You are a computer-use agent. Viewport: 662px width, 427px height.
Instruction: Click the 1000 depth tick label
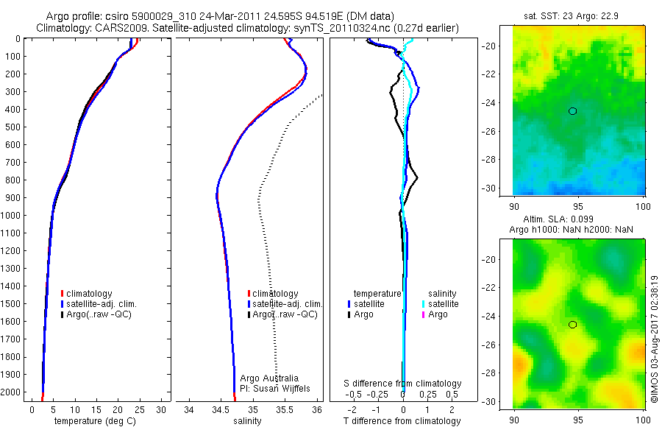pos(10,215)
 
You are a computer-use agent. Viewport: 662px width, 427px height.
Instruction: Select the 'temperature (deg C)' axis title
pos(95,420)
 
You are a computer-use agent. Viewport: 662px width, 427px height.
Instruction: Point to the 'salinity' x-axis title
pos(247,420)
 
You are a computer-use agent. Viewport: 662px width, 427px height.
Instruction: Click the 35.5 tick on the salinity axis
pos(285,409)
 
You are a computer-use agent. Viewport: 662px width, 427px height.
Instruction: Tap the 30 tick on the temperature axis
pos(161,409)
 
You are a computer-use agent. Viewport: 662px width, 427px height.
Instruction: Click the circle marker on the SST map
pos(572,111)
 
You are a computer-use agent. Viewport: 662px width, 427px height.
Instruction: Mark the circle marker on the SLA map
pos(572,325)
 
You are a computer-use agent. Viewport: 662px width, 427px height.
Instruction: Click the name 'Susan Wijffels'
pos(282,389)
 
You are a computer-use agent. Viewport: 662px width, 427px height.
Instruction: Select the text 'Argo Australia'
pos(269,378)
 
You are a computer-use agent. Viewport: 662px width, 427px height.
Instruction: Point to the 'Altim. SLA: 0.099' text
pos(558,219)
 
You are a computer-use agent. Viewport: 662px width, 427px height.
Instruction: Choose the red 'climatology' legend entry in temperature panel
pos(87,294)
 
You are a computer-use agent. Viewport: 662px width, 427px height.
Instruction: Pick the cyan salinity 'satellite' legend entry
pos(441,304)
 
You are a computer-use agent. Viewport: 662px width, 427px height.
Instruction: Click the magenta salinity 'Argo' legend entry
pos(435,314)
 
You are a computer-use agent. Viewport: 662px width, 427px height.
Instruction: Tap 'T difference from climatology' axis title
pos(402,420)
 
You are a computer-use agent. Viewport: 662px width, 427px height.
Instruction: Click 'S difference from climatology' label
pos(402,384)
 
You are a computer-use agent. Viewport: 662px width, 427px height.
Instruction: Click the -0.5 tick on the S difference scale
pos(353,395)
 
